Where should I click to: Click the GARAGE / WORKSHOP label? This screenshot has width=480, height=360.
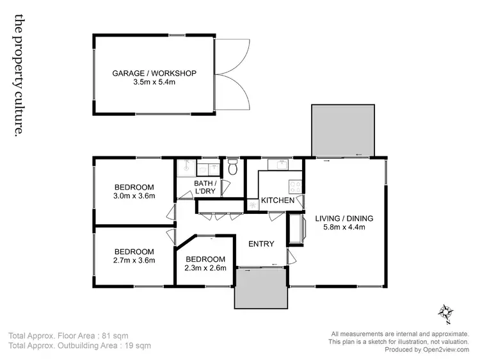point(154,73)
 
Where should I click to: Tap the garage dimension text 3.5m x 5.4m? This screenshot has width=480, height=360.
point(154,82)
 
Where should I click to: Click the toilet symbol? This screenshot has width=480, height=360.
point(233,168)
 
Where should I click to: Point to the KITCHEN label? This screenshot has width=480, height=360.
point(278,200)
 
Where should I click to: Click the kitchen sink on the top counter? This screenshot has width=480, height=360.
point(280,165)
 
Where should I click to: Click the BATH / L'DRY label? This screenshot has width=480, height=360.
point(205,187)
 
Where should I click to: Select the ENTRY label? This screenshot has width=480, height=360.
point(261,243)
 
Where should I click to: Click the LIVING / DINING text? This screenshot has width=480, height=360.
point(344,218)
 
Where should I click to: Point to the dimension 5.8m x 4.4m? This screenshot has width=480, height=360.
point(344,228)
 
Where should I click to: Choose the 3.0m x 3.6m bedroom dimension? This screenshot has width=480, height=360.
point(134,196)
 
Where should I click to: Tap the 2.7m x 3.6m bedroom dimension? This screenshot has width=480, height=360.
point(134,261)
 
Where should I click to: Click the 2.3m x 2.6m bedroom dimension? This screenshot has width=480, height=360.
point(206,268)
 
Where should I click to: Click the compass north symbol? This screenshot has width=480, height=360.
point(446,312)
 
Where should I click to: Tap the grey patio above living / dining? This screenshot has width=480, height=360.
point(342,130)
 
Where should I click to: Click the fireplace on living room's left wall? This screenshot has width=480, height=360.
point(296,229)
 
